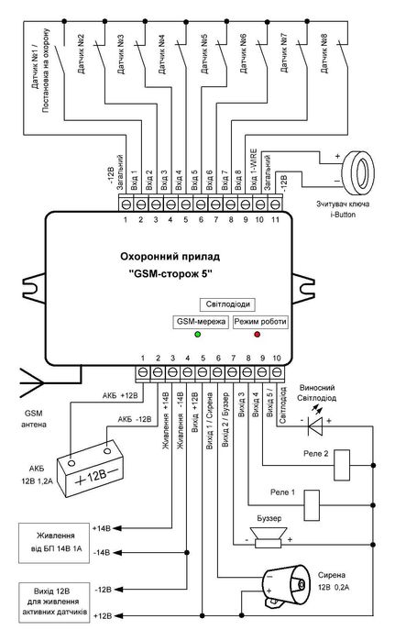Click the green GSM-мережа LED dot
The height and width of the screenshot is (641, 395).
point(185,337)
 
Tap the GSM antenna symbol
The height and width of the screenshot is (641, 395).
point(26,378)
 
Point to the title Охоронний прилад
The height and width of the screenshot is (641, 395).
point(163,260)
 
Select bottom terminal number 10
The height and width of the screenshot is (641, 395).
point(276,357)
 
